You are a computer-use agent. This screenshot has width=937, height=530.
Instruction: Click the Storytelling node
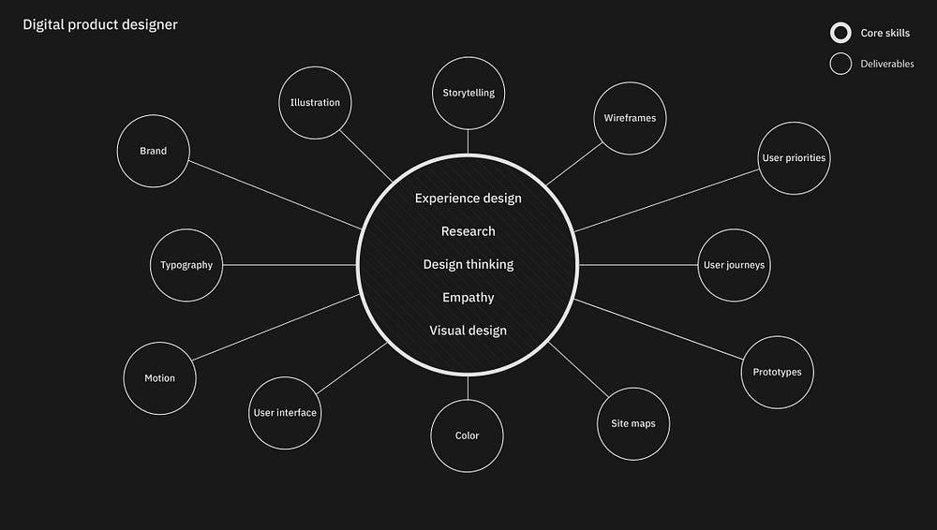pos(468,93)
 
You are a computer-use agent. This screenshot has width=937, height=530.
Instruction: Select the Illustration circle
pos(315,103)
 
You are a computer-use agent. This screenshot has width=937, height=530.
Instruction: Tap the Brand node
pos(154,151)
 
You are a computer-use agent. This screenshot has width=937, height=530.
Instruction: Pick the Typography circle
pos(186,265)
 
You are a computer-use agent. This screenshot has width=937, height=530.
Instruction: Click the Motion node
pos(159,378)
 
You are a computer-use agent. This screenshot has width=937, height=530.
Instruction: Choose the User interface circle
pos(285,413)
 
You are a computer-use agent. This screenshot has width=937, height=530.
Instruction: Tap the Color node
pos(467,435)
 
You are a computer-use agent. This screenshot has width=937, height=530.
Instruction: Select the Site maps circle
pos(633,423)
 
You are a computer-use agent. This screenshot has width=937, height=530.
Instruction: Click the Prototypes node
pos(777,373)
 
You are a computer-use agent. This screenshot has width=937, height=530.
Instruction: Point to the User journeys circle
pos(734,265)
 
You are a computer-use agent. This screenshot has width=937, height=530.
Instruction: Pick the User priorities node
pos(794,158)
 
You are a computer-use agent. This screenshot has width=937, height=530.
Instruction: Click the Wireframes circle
pos(630,118)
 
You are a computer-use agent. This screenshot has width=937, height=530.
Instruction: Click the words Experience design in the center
pos(468,199)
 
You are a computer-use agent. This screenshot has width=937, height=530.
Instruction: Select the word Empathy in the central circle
pos(468,298)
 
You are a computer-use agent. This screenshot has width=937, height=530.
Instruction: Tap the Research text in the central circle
pos(468,231)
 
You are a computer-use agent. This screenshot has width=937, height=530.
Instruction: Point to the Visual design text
pos(468,331)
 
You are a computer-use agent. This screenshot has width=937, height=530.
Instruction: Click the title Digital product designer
pos(100,25)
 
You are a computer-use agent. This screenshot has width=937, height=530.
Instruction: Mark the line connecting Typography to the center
pos(290,265)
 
